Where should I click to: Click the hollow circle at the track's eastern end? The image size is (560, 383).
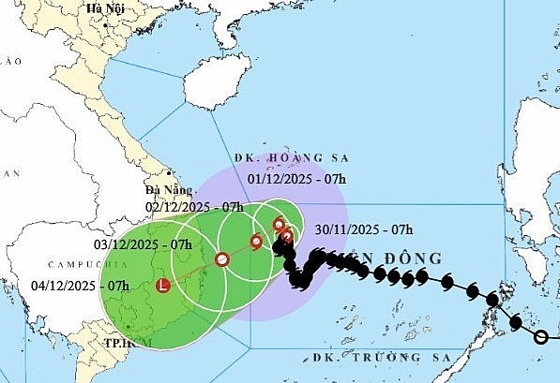pos(539,336)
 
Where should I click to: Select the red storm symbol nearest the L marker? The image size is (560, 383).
pos(222,259)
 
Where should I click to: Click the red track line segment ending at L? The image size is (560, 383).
pos(193,273)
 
